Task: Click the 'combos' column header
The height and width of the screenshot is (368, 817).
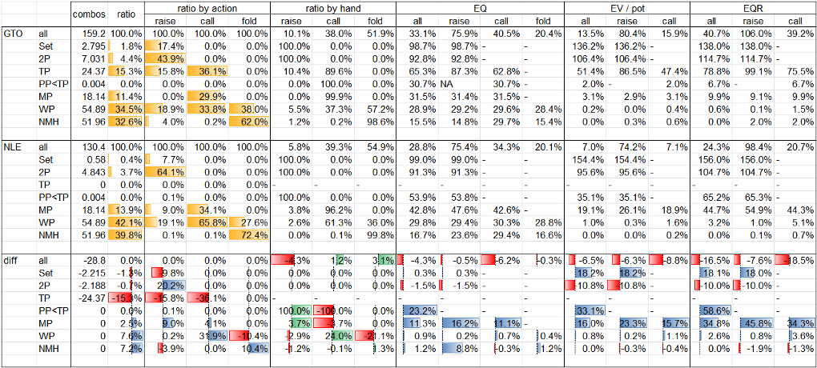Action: click(88, 14)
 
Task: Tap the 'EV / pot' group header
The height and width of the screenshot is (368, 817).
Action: click(627, 8)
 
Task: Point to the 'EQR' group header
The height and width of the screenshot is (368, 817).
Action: click(753, 8)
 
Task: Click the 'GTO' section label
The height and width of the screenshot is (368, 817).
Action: click(14, 34)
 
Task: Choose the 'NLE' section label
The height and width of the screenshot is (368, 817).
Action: click(13, 147)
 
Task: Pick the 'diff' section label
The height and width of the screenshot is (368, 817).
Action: click(12, 261)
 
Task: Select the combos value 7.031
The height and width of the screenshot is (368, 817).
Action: click(94, 59)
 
